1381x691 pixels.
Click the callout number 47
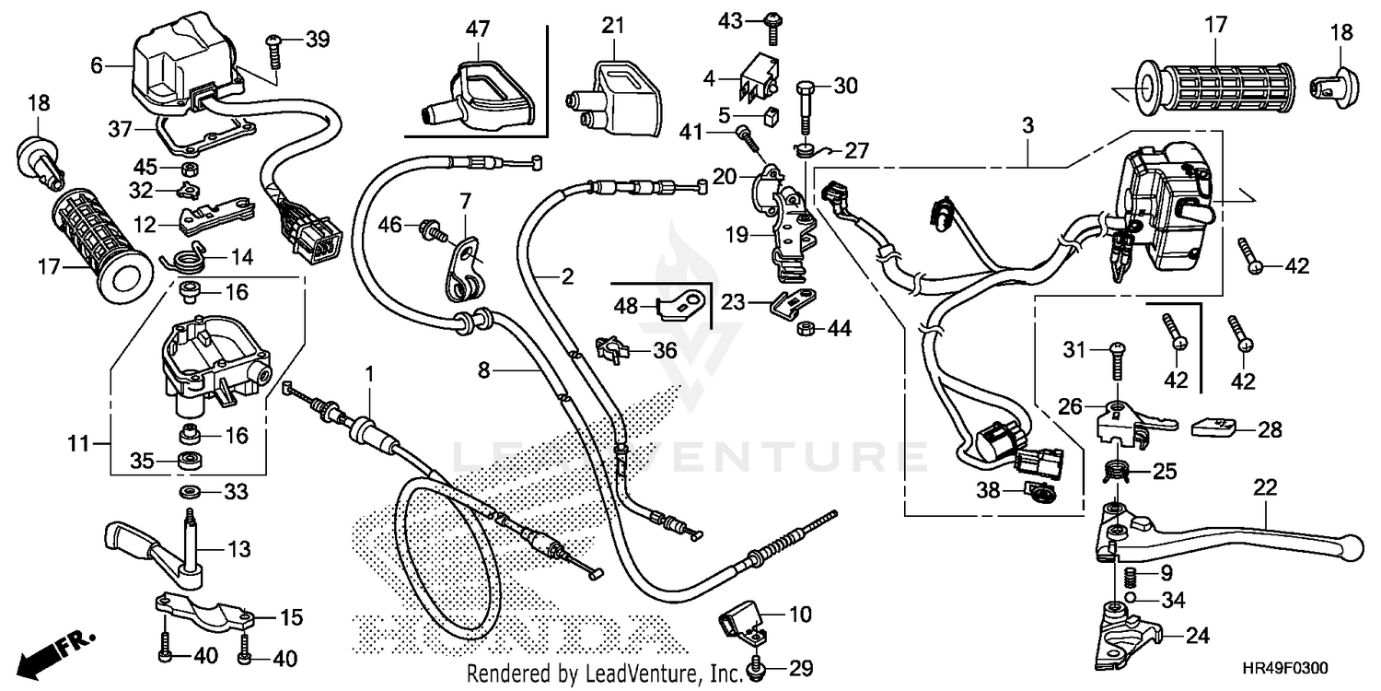point(476,29)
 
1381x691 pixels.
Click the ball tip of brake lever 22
point(1352,545)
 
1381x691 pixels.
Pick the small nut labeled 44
point(803,327)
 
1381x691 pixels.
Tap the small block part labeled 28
point(1213,427)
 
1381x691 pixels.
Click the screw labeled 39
point(273,52)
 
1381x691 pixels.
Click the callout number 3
point(1027,125)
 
